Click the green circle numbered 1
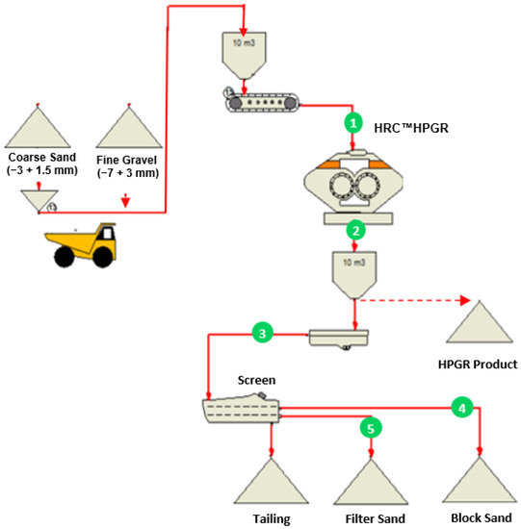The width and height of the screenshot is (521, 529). coord(353,123)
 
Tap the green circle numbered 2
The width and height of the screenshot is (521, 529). coord(356,231)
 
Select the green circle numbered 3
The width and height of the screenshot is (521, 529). coord(261,333)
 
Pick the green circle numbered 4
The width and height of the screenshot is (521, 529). coord(463,408)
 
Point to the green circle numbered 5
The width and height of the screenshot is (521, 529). coord(369,424)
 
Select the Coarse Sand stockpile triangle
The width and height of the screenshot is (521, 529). coord(39,127)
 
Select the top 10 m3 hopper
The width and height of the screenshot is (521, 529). coord(245,54)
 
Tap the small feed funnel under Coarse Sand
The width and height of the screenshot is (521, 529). coord(38,199)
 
